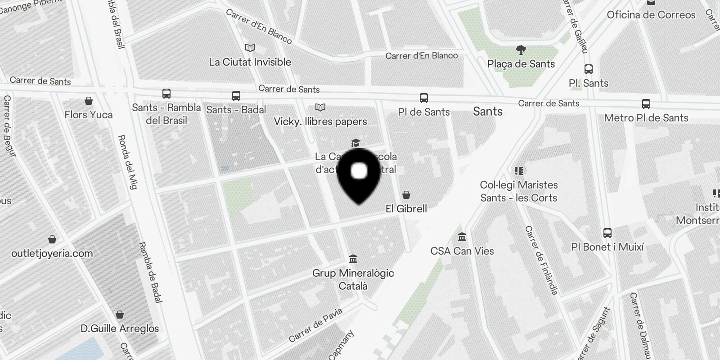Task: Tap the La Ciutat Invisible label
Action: coord(250,62)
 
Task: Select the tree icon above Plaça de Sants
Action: coord(521,49)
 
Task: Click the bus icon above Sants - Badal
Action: coord(236,96)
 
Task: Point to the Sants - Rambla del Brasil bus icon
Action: coord(166,94)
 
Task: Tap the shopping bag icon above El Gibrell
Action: coord(406,195)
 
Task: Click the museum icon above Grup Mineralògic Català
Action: coord(353,259)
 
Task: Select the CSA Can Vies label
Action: coord(462,251)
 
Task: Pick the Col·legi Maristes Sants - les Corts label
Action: coord(519,191)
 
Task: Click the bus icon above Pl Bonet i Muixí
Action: coord(607,233)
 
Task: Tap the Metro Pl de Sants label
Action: coord(646,118)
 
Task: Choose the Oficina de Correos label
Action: coord(651,15)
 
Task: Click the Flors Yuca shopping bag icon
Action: coord(89,101)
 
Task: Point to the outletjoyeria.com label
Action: coord(52,253)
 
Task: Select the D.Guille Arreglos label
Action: coord(120,328)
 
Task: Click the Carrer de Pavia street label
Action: coord(315,325)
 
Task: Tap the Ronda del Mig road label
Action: coord(128,162)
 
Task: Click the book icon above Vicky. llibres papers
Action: coord(320,108)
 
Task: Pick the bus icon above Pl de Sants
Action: coord(424,98)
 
